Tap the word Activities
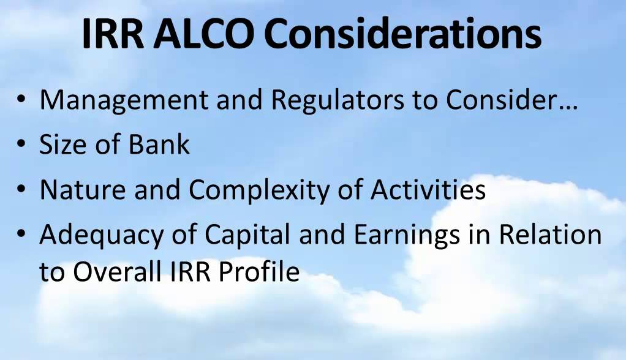click(x=428, y=190)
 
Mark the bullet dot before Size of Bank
click(x=21, y=146)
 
